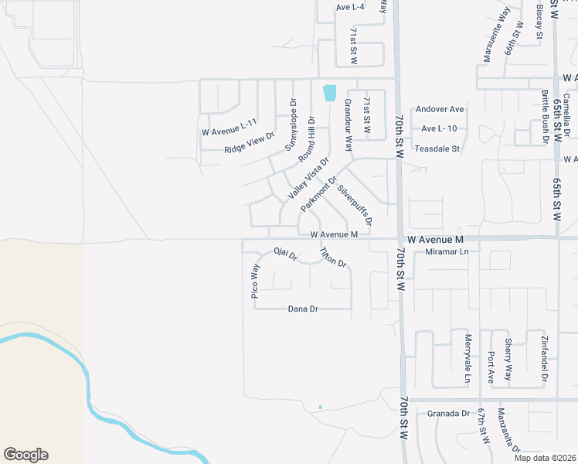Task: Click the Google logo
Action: point(25,455)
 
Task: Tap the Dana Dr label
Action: point(303,309)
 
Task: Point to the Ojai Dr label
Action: point(286,254)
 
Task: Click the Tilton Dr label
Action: point(333,258)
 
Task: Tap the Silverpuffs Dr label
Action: point(355,204)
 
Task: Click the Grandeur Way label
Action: point(348,125)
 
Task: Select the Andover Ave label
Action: point(440,109)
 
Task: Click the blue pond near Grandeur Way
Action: point(330,92)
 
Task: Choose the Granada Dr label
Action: point(448,414)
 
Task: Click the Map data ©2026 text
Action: point(546,458)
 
